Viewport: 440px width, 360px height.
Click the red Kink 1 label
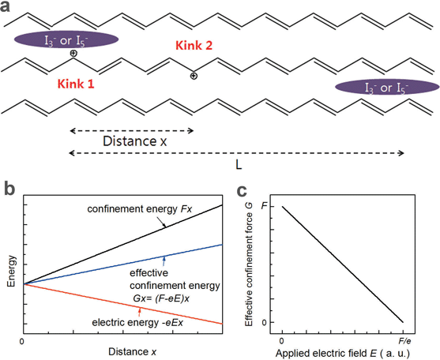[x=76, y=84]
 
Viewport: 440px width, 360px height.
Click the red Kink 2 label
[x=194, y=46]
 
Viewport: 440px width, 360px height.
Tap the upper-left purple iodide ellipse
[x=66, y=39]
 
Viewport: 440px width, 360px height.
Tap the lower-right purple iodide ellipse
[x=387, y=87]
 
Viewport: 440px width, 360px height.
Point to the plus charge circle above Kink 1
[x=73, y=53]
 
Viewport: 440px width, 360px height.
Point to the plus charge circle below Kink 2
[x=194, y=76]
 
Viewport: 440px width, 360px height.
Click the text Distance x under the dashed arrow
[x=135, y=141]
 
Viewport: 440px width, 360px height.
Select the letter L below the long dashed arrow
[x=239, y=165]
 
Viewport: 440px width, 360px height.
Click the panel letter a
[x=5, y=7]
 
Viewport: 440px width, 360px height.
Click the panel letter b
[x=10, y=189]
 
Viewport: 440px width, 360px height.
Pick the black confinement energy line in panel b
[x=123, y=245]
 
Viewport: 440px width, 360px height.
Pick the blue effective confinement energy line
[x=123, y=264]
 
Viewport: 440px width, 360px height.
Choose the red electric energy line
[x=123, y=304]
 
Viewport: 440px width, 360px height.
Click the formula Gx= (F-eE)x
[x=161, y=298]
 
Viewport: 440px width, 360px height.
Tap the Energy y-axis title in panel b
[x=11, y=271]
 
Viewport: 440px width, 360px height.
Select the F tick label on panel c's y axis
[x=264, y=206]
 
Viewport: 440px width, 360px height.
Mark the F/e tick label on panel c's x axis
[x=404, y=341]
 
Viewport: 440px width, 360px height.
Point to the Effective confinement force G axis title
[x=249, y=264]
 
